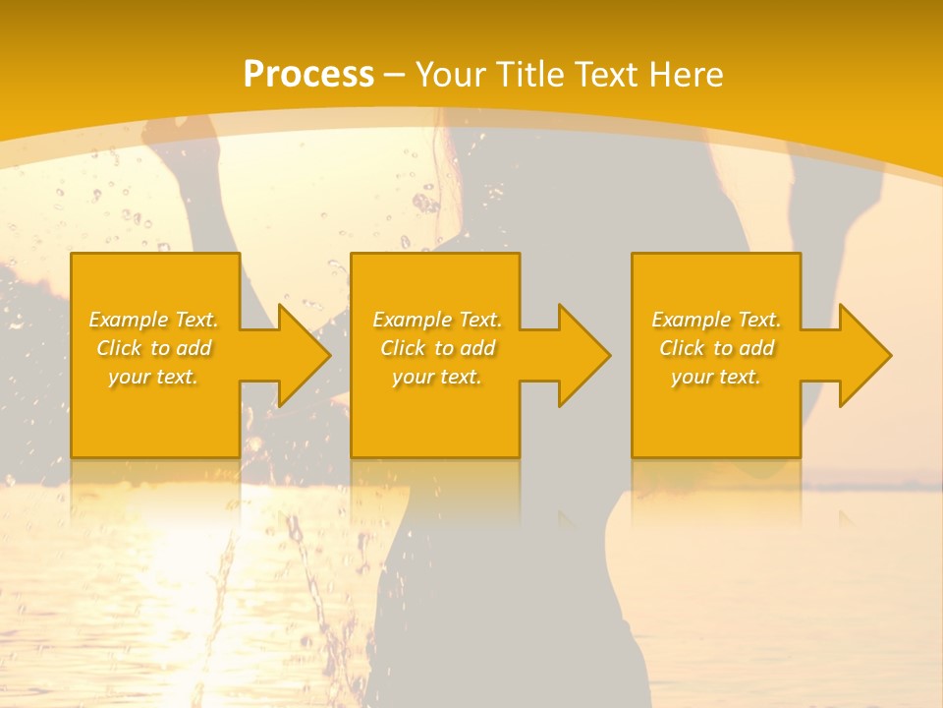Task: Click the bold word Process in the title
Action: coord(308,75)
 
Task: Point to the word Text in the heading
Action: coord(607,75)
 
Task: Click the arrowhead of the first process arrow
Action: coord(305,355)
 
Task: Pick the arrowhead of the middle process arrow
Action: coord(584,355)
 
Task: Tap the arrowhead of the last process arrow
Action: coord(865,355)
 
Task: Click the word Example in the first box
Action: coord(128,320)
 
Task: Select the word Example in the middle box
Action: coord(412,320)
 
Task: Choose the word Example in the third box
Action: coord(691,320)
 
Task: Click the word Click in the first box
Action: coord(119,348)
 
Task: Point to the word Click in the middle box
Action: coord(403,348)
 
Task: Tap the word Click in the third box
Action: coord(682,348)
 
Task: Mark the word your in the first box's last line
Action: coord(130,377)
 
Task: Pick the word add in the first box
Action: coord(194,348)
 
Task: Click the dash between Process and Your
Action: coord(395,75)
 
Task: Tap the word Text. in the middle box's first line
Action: coord(476,320)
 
